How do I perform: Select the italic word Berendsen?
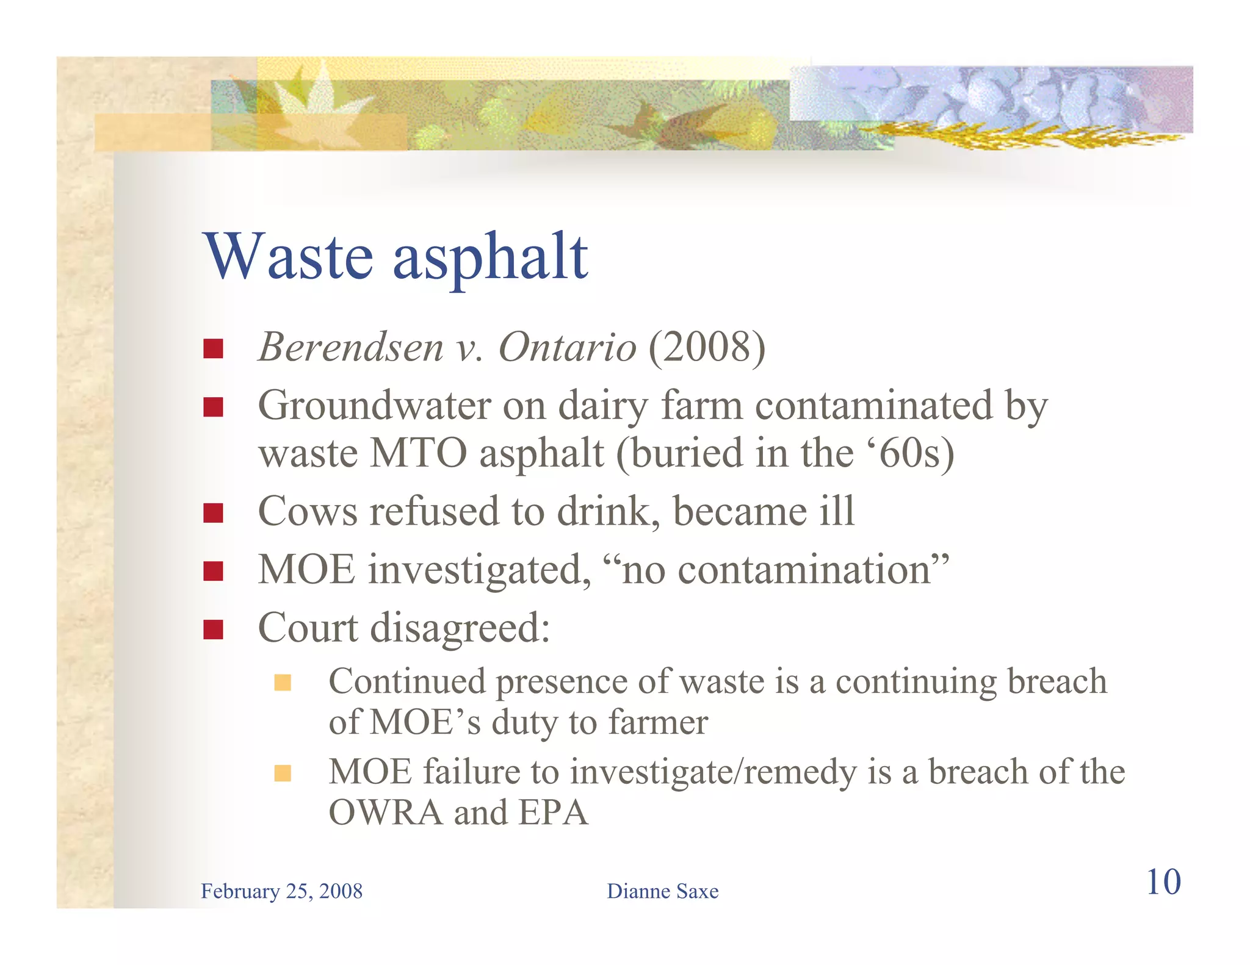pos(351,348)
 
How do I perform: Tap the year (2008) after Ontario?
pos(707,348)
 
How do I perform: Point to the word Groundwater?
pos(374,406)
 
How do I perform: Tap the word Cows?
pos(307,511)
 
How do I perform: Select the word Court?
pos(308,628)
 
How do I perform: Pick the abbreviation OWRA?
pos(386,813)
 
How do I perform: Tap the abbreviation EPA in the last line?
pos(553,813)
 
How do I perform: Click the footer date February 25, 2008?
pos(281,891)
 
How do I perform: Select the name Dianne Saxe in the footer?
pos(662,891)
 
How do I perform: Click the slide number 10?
pos(1163,882)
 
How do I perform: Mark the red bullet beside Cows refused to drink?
pos(213,513)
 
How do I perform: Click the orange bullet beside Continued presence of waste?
pos(283,682)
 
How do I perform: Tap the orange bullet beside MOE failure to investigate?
pos(283,773)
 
